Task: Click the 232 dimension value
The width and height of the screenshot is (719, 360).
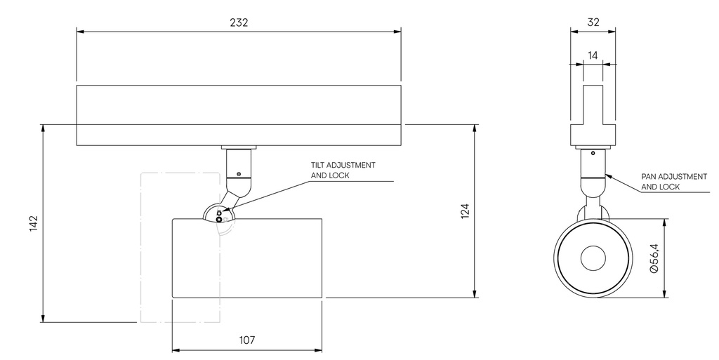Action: click(x=239, y=22)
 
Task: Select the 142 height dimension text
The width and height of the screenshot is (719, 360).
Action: click(x=33, y=224)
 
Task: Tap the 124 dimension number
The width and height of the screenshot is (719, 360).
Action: click(x=464, y=211)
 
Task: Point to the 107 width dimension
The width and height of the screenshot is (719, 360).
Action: click(x=246, y=340)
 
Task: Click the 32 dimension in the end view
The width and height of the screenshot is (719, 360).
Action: click(x=593, y=22)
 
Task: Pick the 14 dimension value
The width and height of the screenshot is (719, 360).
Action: click(x=593, y=55)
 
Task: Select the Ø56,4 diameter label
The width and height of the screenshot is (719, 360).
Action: click(x=654, y=258)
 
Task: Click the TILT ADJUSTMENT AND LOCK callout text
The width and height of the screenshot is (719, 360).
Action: click(x=343, y=171)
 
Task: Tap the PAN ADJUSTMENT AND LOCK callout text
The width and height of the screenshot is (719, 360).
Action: click(x=674, y=182)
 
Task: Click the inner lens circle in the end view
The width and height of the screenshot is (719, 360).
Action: click(x=593, y=259)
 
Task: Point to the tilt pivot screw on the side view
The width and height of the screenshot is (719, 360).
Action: click(x=220, y=219)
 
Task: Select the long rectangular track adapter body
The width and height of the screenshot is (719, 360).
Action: click(x=239, y=115)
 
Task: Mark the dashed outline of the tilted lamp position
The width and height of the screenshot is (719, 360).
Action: click(x=143, y=246)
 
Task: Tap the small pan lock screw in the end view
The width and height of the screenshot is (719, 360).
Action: click(x=593, y=153)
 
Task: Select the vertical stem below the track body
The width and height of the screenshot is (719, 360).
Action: click(x=238, y=165)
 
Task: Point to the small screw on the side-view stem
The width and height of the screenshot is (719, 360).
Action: click(x=239, y=173)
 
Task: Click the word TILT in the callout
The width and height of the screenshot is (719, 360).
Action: click(x=319, y=166)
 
